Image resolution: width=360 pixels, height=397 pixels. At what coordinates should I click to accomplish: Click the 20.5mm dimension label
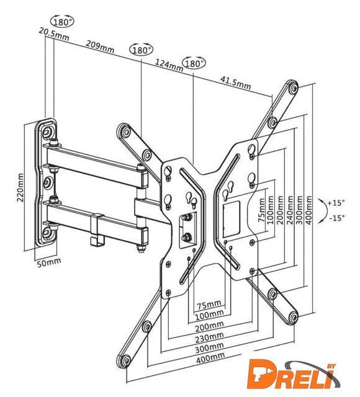point(54,34)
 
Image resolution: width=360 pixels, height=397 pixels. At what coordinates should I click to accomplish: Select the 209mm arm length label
point(100,47)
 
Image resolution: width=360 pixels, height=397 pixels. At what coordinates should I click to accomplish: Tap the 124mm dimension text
point(169,65)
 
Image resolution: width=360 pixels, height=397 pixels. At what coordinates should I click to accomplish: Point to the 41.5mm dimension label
point(236,83)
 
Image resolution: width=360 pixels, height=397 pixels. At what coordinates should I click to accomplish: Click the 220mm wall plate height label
point(20,187)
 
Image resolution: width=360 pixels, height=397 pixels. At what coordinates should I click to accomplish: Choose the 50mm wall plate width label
point(49,262)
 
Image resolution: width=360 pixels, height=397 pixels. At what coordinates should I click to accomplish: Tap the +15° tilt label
point(336,203)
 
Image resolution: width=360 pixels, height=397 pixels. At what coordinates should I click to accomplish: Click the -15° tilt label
point(337,218)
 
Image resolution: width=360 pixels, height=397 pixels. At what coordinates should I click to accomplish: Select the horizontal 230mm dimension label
point(209,337)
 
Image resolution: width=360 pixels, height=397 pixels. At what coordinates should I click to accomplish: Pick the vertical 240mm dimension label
point(289,210)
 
